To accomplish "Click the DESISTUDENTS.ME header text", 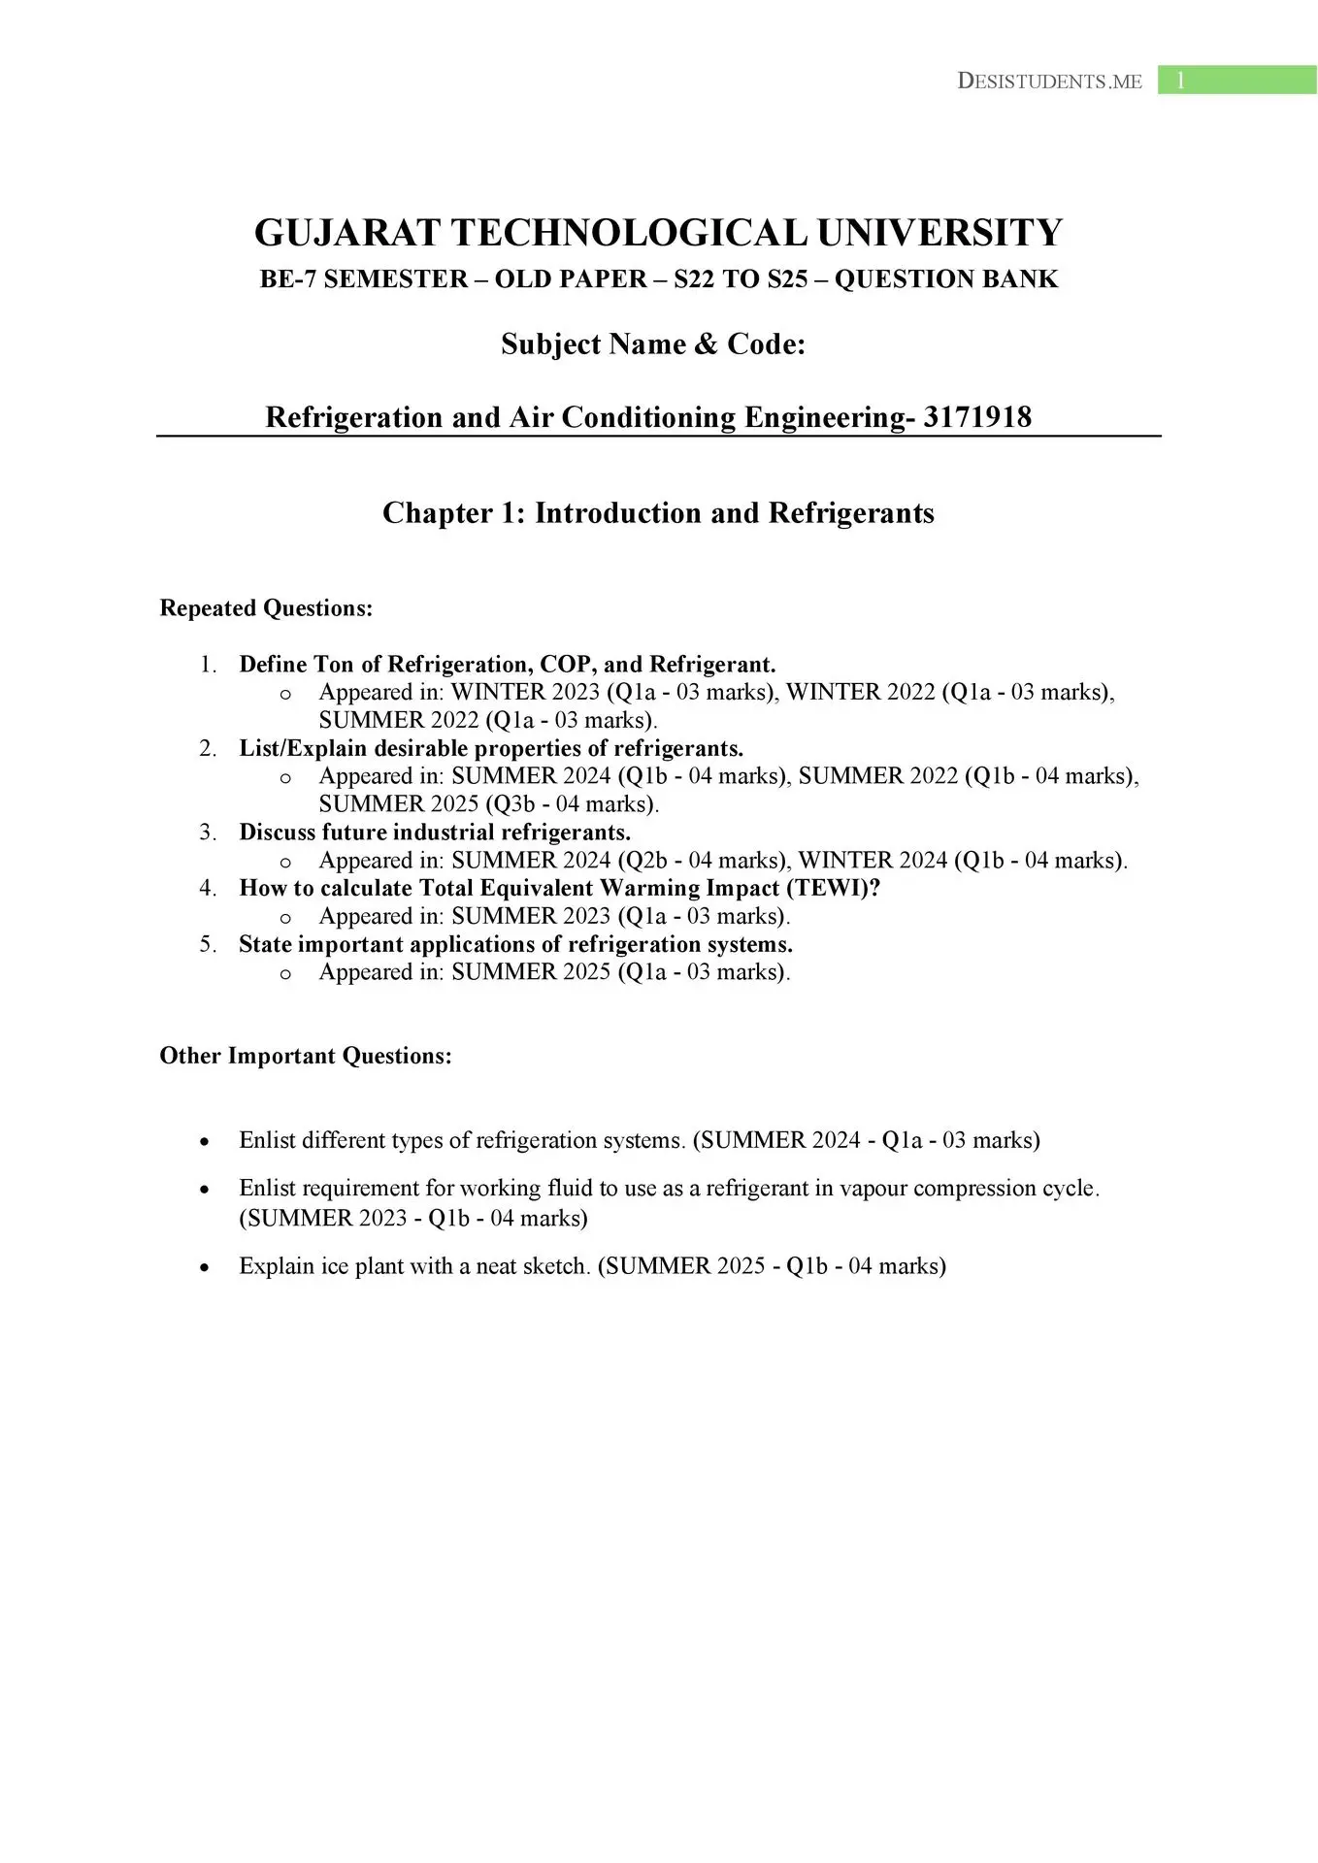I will [x=1049, y=82].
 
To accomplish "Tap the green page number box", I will [x=1236, y=81].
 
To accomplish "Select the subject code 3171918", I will [x=977, y=417].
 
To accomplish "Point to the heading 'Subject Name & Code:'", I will [x=653, y=344].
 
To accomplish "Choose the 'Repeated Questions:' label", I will [x=266, y=608].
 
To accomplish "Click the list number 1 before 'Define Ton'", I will [x=208, y=665].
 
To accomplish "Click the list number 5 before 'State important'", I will [x=208, y=945].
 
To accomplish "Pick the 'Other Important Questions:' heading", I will [x=306, y=1056].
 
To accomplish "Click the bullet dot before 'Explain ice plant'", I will [x=204, y=1267].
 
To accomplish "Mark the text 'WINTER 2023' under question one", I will [x=525, y=693].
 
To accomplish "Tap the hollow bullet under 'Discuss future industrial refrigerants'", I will [x=285, y=862].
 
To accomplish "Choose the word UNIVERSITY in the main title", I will [x=939, y=234].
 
